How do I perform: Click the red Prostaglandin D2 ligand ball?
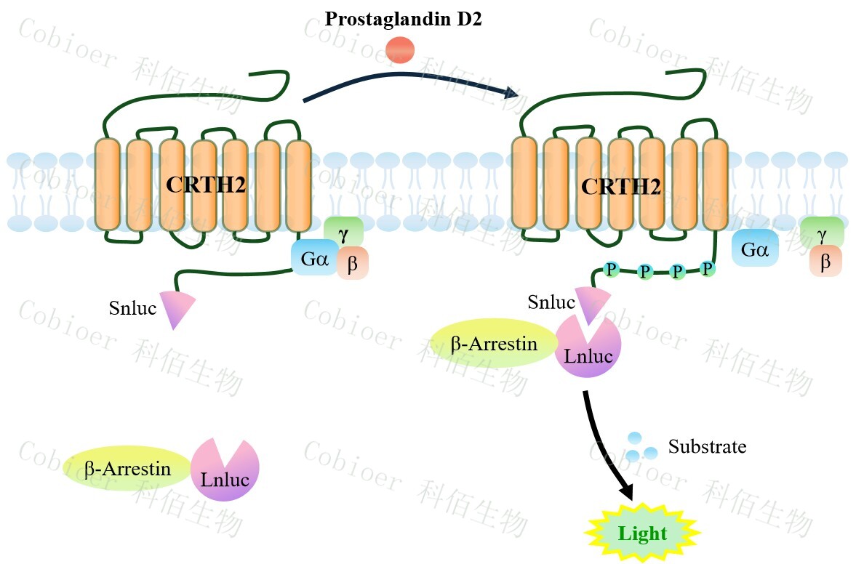click(x=399, y=50)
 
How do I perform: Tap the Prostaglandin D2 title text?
click(x=403, y=18)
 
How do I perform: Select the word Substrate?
click(x=707, y=446)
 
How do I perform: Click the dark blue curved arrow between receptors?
click(x=407, y=79)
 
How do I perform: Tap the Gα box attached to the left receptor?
click(x=313, y=259)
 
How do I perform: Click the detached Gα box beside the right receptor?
click(x=755, y=250)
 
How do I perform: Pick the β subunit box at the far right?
click(x=825, y=262)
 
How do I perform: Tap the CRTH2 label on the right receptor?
click(x=620, y=187)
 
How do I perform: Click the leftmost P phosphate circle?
click(x=612, y=270)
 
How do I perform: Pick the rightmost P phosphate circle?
click(x=707, y=269)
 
